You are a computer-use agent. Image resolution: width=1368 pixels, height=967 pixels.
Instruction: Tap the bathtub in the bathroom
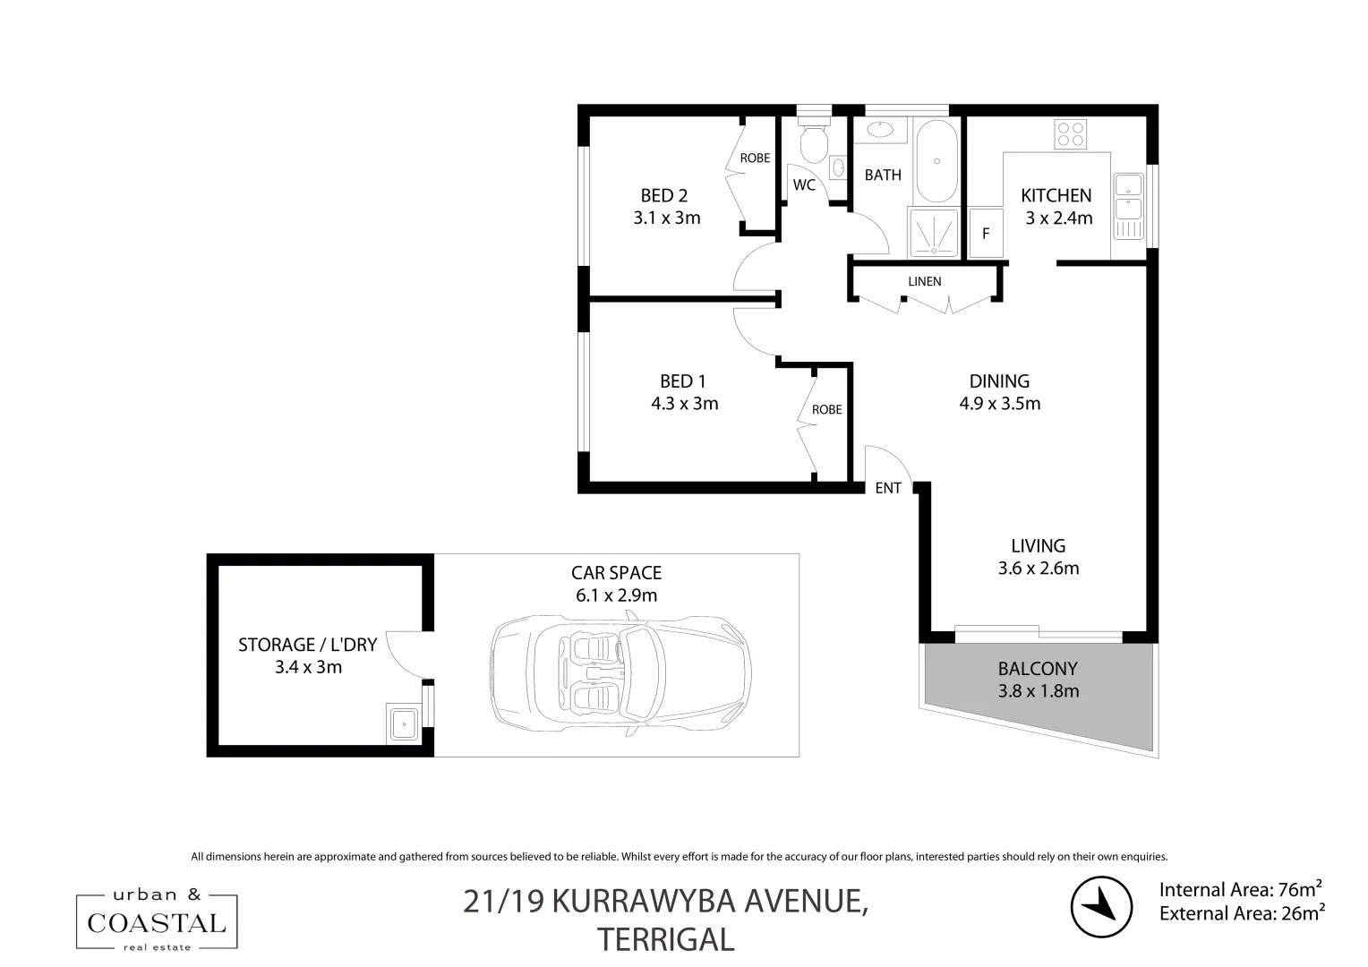coord(936,162)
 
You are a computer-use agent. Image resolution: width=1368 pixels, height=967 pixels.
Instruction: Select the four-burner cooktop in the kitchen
coord(1071,133)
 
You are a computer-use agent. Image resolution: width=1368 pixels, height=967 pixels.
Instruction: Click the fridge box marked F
coord(986,234)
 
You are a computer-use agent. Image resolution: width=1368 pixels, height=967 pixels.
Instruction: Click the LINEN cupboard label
coord(925,281)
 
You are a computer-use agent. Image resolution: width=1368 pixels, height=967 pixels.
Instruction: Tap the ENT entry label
coord(888,488)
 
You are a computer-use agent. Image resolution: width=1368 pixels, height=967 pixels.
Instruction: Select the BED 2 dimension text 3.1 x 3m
coord(667,218)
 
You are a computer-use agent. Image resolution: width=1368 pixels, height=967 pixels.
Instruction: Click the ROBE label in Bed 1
coord(826,409)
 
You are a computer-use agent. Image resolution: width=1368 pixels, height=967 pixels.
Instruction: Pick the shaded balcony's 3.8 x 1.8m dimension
coord(1038,691)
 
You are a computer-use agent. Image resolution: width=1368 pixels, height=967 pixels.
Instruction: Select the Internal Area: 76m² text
coord(1241,889)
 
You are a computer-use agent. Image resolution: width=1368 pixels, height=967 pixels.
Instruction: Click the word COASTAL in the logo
coord(157,922)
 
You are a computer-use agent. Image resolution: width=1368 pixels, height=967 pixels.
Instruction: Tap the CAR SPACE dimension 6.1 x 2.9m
coord(617,595)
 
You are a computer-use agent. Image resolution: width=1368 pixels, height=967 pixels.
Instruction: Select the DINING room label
coord(999,381)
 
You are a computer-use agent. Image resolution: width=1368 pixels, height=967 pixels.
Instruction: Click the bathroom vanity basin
coord(880,131)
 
